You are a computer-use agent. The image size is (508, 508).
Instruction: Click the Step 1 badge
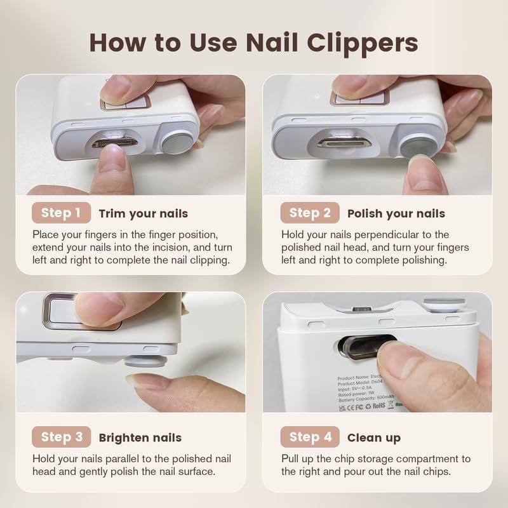(x=61, y=213)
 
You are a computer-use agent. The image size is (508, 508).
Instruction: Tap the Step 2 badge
(x=309, y=213)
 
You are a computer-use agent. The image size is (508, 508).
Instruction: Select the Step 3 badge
(x=61, y=437)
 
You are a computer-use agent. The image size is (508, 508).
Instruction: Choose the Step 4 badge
(x=309, y=437)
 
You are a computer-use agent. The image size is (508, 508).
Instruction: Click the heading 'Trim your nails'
(x=144, y=213)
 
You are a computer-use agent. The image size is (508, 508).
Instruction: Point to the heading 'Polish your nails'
(x=396, y=213)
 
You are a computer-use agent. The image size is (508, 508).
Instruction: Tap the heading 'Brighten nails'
(x=140, y=438)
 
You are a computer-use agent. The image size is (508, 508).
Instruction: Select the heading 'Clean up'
(x=374, y=438)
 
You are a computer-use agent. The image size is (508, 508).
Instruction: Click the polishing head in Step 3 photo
(x=145, y=361)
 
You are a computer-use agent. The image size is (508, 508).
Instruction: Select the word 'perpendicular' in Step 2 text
(x=390, y=235)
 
